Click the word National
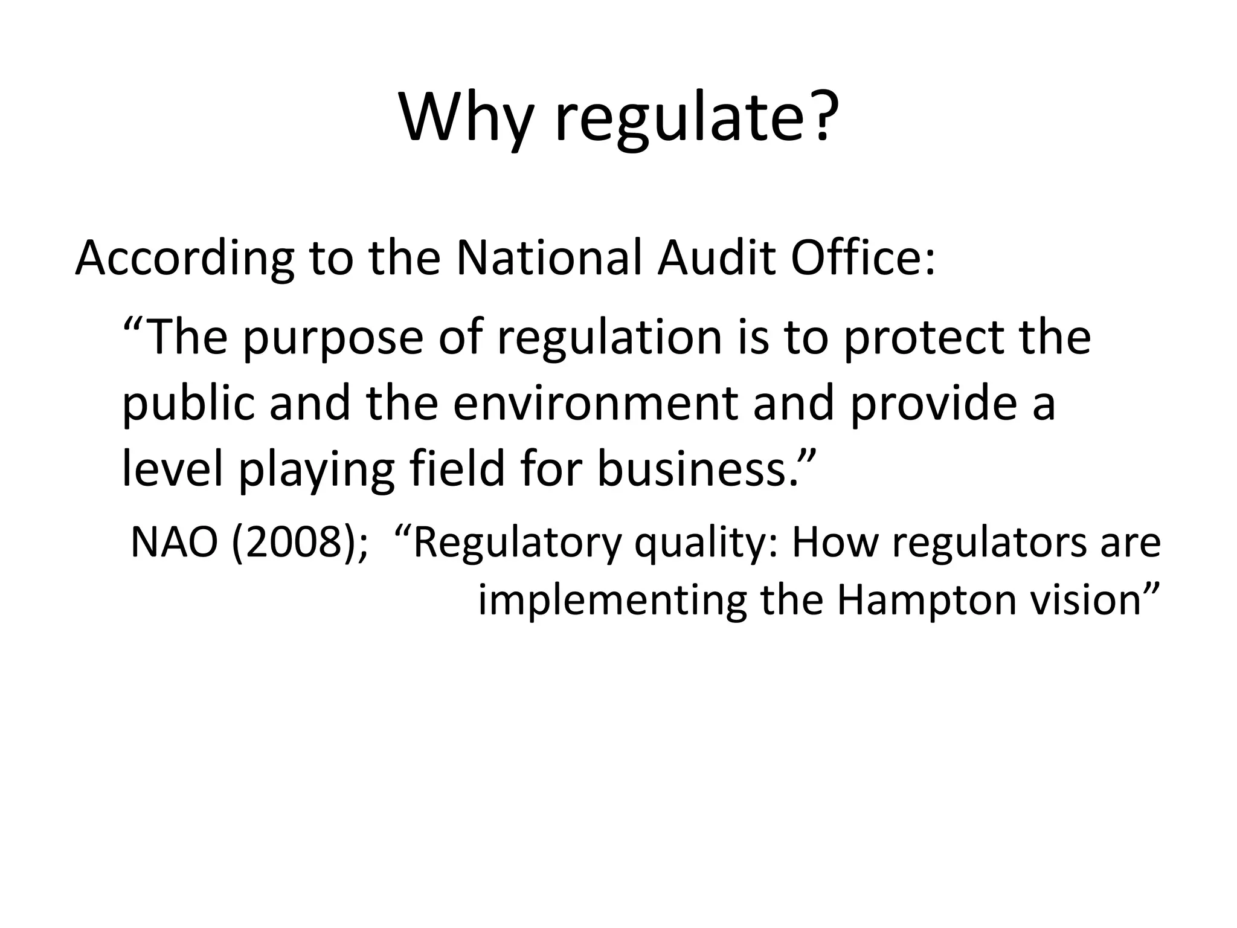(550, 258)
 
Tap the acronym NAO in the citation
(174, 543)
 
